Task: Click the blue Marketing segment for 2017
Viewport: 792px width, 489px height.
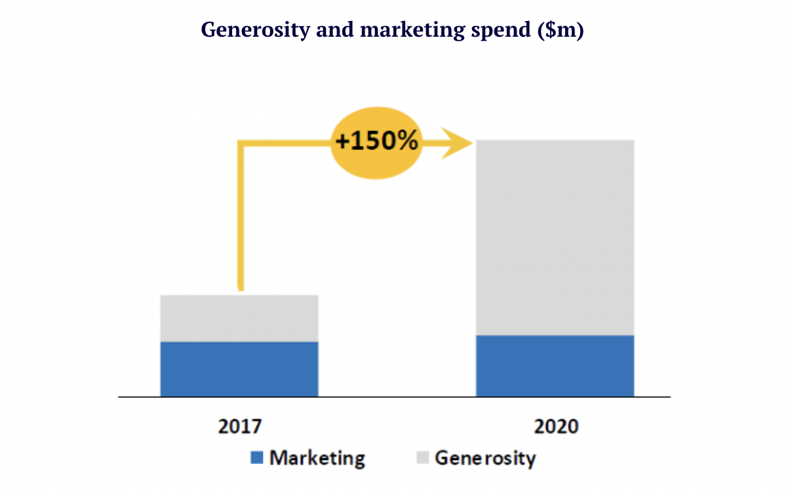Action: [x=239, y=368]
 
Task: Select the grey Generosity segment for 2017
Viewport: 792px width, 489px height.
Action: [x=239, y=318]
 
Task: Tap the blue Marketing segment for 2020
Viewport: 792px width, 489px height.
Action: [x=555, y=365]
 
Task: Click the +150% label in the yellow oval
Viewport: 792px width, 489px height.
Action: [x=376, y=142]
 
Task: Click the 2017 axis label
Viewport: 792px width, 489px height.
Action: [x=239, y=426]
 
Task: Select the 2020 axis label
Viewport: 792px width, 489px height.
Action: [x=557, y=426]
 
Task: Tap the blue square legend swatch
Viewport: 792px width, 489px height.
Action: [x=257, y=458]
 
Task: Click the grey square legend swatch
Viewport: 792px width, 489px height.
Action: [x=423, y=458]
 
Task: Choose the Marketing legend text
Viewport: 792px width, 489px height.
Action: [x=317, y=458]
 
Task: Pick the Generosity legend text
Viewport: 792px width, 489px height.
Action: [x=485, y=458]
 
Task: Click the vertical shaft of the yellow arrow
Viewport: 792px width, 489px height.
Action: [x=241, y=216]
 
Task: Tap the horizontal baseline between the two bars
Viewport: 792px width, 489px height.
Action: [x=397, y=397]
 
